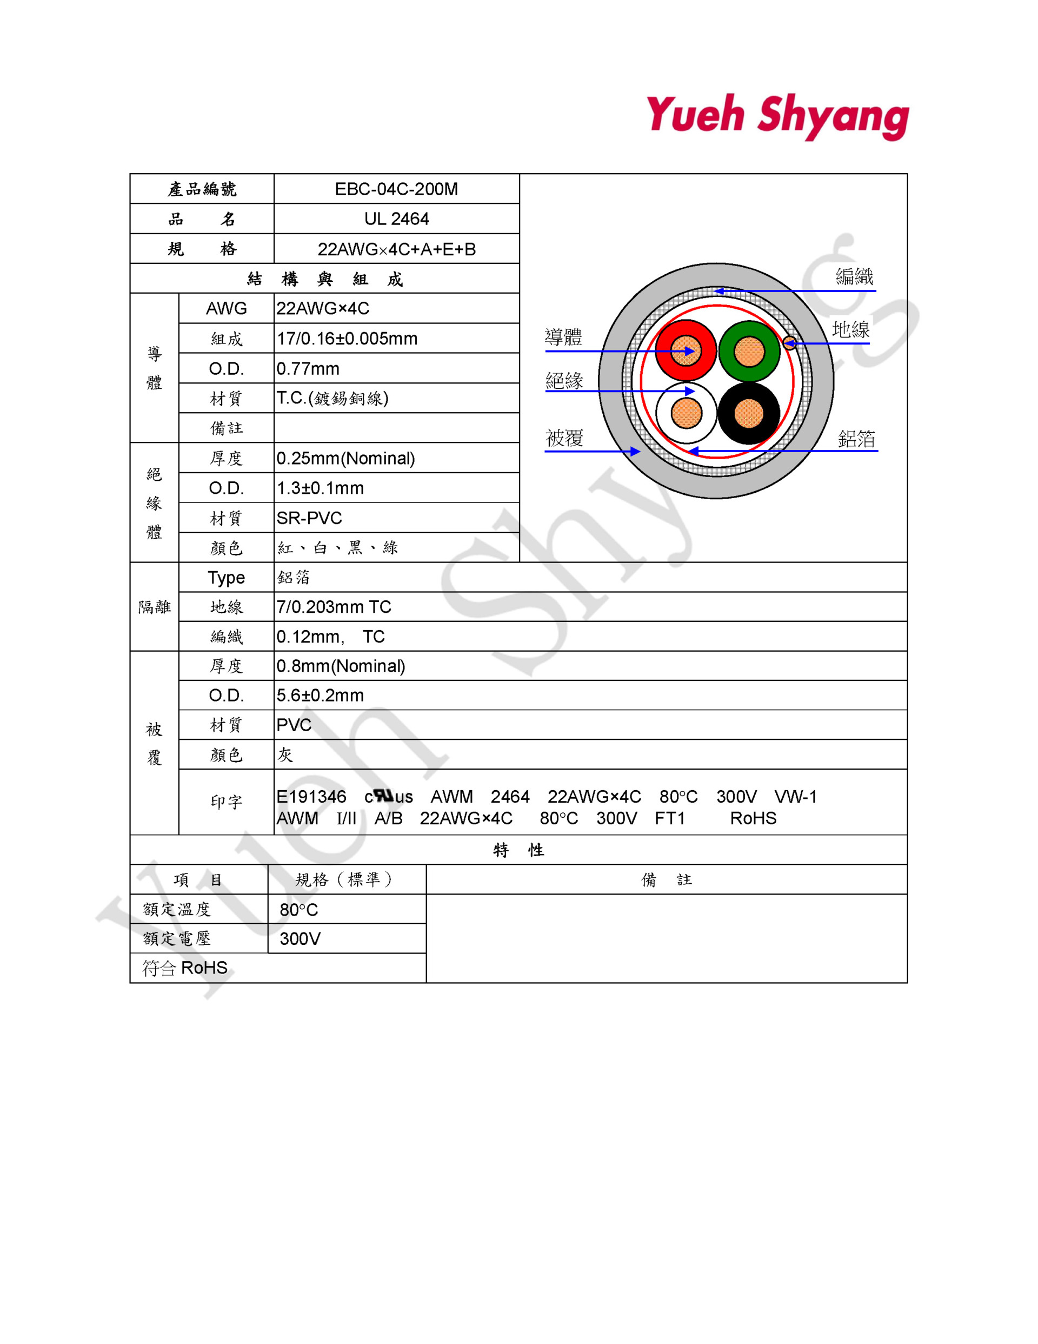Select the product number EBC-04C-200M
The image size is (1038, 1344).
point(396,189)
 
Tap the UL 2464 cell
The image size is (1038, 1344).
point(396,219)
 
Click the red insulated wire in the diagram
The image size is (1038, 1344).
point(686,351)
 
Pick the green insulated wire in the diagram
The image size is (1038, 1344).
point(749,352)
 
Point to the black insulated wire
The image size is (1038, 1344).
point(748,414)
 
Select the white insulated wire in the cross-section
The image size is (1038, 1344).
point(686,413)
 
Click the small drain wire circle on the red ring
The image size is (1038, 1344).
point(789,343)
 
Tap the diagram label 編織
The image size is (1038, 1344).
point(854,276)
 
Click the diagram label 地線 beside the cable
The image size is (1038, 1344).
point(850,329)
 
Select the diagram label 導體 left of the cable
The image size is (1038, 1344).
point(564,337)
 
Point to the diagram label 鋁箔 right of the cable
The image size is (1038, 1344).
point(856,439)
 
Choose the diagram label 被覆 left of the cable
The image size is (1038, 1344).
point(564,438)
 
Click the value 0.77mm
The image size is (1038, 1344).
point(308,369)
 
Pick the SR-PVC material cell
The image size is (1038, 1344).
point(309,518)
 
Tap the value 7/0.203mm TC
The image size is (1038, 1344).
point(334,607)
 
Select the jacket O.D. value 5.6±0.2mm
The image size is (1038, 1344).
point(320,696)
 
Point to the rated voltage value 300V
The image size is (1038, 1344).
point(300,938)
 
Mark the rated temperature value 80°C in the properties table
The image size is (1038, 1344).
point(298,910)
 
